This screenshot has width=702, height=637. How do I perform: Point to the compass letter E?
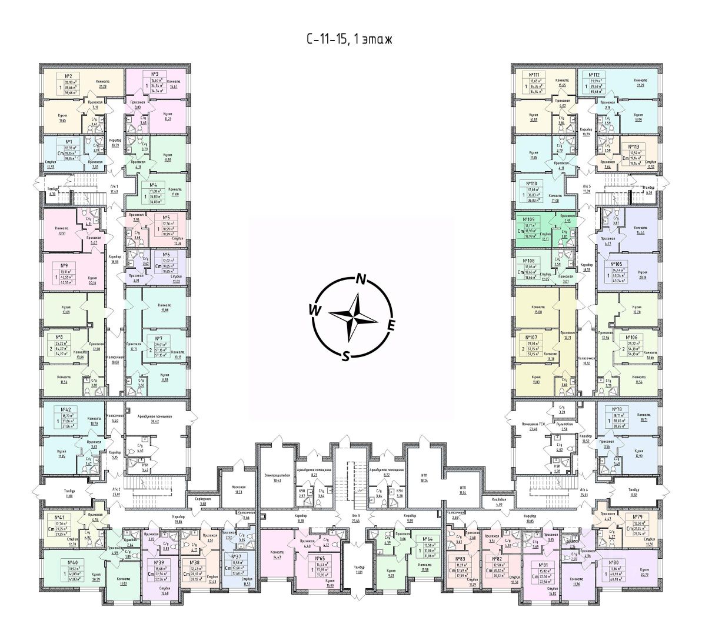click(x=391, y=324)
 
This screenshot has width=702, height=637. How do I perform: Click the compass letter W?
click(x=314, y=309)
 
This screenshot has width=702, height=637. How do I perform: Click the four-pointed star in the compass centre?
click(x=352, y=316)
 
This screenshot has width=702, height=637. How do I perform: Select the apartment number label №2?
click(x=68, y=76)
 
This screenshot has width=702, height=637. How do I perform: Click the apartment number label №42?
click(x=66, y=408)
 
